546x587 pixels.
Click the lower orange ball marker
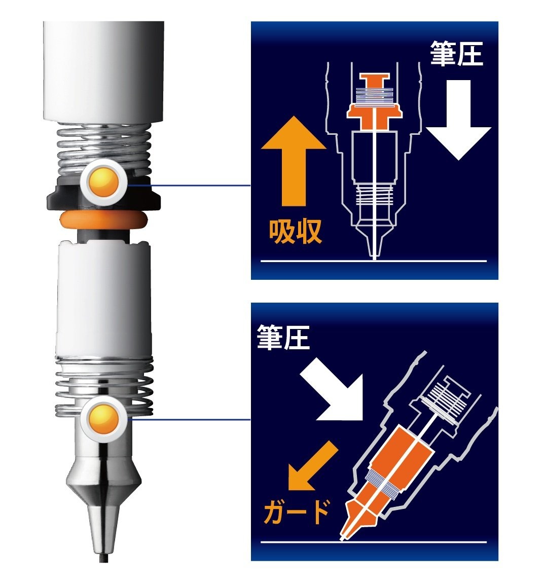point(103,419)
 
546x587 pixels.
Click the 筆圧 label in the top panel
point(456,54)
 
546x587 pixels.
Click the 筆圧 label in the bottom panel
point(283,337)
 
